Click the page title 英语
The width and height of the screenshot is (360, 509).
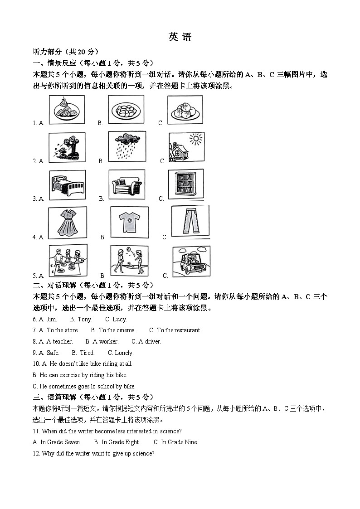click(x=180, y=38)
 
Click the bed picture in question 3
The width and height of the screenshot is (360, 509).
click(x=67, y=184)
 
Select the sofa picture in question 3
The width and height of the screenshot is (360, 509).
click(x=127, y=184)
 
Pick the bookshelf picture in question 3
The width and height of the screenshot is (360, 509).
click(x=185, y=184)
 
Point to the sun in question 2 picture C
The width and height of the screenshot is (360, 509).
click(x=196, y=139)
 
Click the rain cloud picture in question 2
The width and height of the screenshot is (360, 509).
click(x=127, y=146)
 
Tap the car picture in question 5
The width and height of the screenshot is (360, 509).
click(x=191, y=262)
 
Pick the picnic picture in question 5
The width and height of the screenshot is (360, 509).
click(x=68, y=261)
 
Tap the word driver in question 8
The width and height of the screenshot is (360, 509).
click(x=153, y=342)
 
